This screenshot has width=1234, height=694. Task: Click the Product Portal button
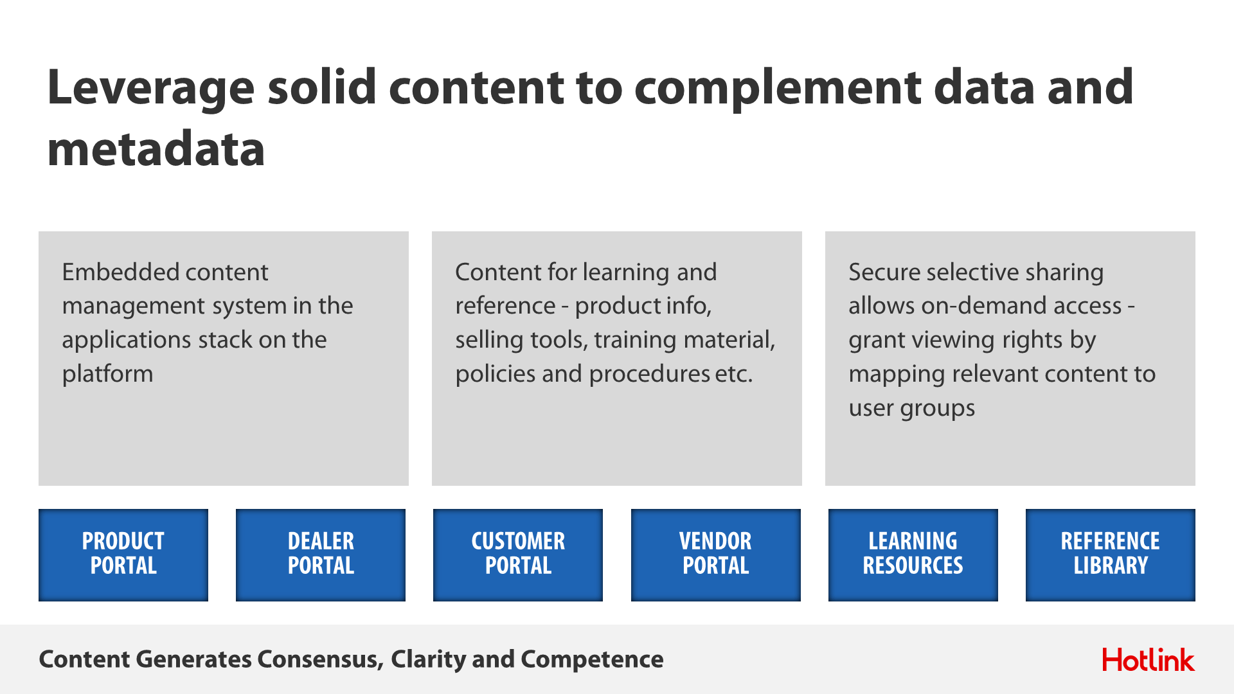(123, 555)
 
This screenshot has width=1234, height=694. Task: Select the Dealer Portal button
(321, 555)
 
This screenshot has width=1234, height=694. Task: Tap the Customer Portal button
(518, 555)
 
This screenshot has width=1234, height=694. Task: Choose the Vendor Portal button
(716, 555)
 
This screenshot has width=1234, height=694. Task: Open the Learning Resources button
(913, 555)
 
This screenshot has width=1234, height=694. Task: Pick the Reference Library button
(1111, 555)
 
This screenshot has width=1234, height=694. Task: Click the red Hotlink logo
(1149, 660)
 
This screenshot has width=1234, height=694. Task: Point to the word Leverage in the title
(151, 89)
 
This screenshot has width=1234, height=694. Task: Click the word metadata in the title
(156, 148)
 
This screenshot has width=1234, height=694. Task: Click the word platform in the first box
(107, 374)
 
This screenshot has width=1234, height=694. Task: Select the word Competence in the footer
(592, 660)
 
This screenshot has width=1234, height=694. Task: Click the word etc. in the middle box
(734, 374)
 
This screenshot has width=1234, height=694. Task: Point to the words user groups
(911, 409)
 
